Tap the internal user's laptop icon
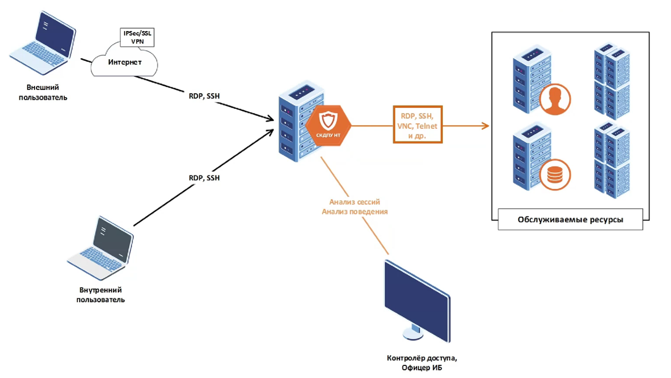(x=100, y=251)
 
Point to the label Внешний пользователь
(x=43, y=92)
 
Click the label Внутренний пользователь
(x=100, y=295)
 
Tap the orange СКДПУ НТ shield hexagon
(x=327, y=125)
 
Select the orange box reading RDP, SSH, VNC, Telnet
(x=418, y=125)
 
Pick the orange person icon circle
(x=555, y=100)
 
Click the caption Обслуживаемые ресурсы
(x=570, y=220)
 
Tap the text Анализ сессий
(x=354, y=202)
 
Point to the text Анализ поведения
(x=354, y=212)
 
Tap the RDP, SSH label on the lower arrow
(x=204, y=178)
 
